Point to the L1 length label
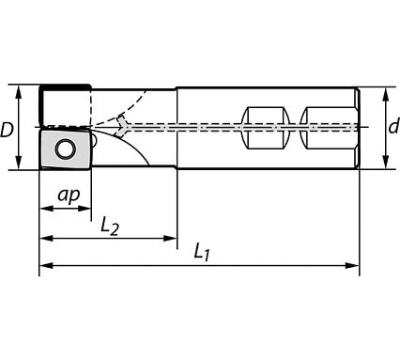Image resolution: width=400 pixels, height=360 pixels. pos(202,251)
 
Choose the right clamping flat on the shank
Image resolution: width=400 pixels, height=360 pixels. pos(330,128)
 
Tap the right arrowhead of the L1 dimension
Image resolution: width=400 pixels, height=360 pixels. pos(356,266)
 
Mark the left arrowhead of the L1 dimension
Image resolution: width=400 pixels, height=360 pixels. pos(43,266)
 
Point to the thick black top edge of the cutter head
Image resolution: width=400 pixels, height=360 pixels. pos(64,86)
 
